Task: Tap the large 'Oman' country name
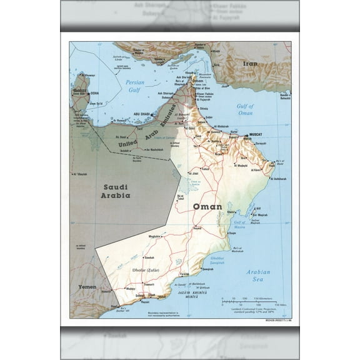tap(207, 207)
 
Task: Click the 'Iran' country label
tap(249, 64)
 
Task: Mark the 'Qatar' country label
tap(79, 91)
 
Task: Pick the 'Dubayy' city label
tap(166, 97)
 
